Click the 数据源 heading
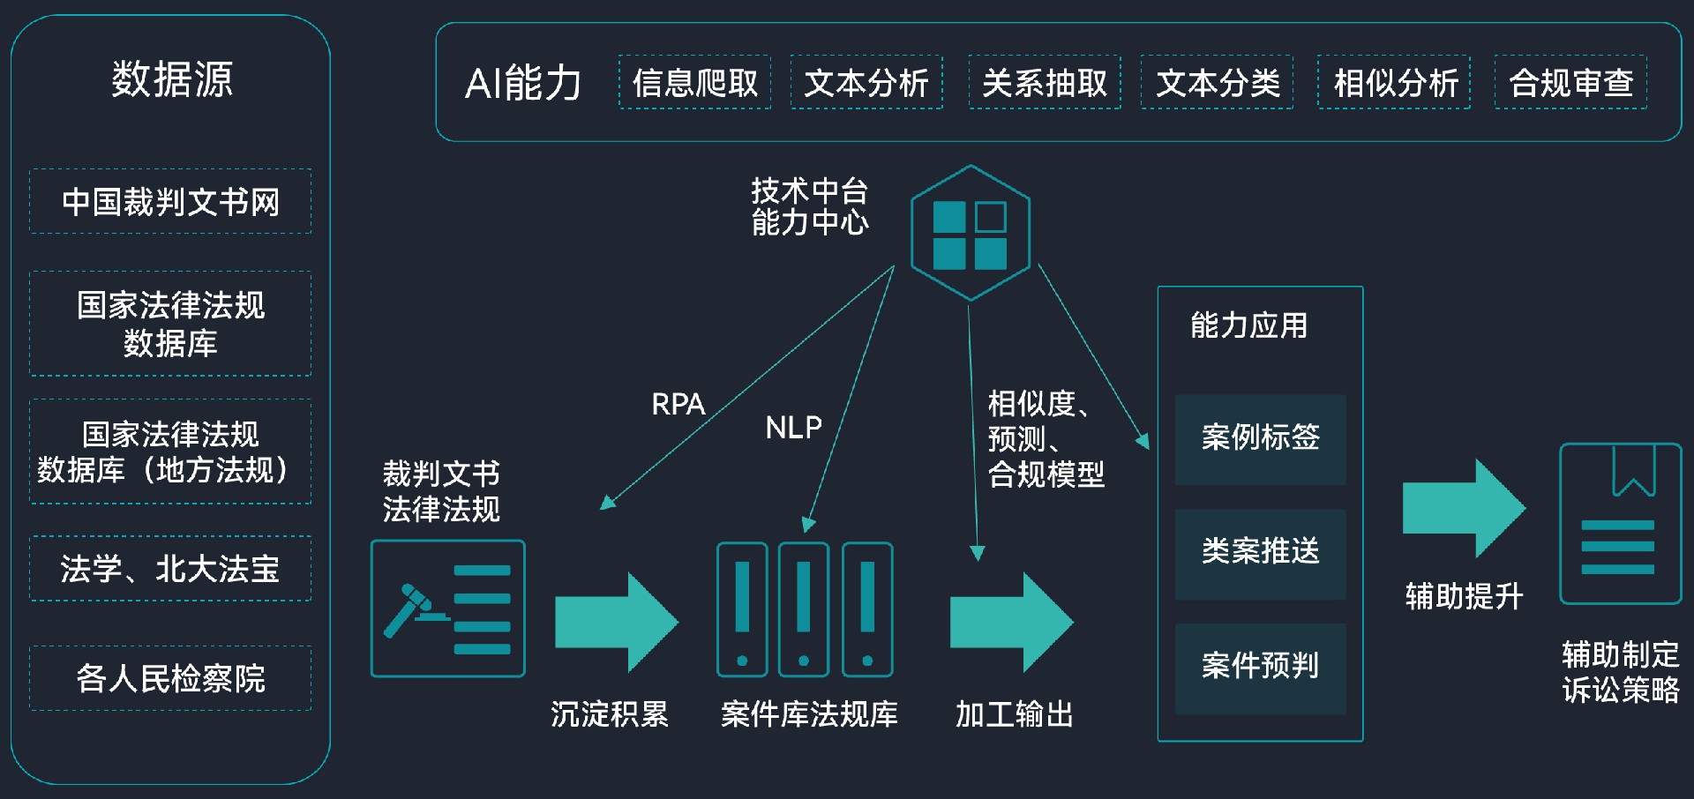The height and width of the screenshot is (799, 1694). click(172, 79)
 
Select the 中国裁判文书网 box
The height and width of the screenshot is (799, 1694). click(170, 202)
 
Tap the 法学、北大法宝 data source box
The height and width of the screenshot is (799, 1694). click(170, 569)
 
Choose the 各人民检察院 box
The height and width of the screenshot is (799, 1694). click(170, 678)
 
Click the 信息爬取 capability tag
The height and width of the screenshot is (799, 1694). click(695, 83)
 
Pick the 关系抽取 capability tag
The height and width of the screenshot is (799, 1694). click(1045, 83)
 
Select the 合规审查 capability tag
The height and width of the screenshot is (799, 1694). click(1570, 83)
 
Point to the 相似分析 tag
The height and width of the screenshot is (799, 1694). click(1394, 83)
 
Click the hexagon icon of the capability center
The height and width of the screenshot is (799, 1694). click(970, 233)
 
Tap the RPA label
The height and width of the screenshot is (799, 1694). click(678, 405)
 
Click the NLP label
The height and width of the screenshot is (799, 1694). click(793, 429)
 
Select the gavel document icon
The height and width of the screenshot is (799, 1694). click(448, 609)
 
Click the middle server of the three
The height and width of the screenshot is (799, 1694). click(804, 609)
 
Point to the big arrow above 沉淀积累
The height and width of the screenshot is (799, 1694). click(616, 622)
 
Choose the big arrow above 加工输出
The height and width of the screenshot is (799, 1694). click(1011, 622)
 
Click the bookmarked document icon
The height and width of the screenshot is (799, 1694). click(1620, 524)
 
